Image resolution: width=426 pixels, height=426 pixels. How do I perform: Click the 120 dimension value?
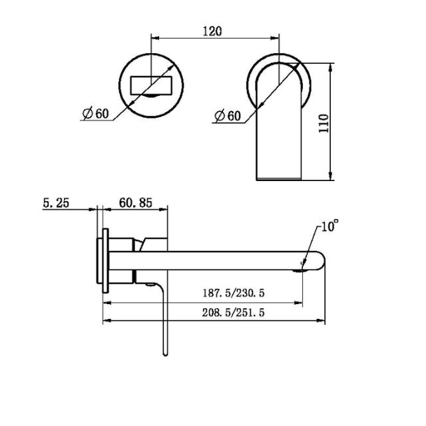click(x=213, y=31)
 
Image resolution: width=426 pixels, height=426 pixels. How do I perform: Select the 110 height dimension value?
click(x=323, y=123)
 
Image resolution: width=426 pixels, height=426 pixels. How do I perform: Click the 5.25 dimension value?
click(x=57, y=203)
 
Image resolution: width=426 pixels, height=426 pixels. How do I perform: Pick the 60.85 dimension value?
click(x=137, y=203)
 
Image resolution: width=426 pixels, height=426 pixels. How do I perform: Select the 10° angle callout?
click(x=329, y=226)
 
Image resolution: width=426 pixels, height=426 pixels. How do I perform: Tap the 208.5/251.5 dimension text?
click(x=236, y=313)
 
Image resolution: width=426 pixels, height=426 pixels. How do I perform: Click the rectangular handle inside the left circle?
click(x=152, y=86)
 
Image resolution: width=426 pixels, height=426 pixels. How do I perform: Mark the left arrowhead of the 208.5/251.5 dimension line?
click(x=105, y=323)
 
